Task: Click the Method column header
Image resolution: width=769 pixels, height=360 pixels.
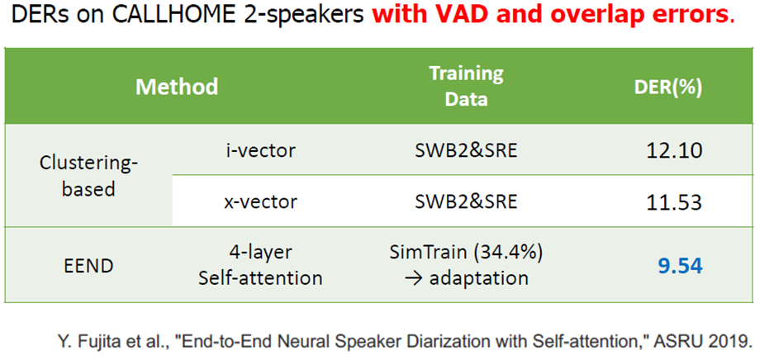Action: coord(177,87)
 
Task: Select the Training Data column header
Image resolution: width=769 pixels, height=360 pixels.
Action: coord(466,87)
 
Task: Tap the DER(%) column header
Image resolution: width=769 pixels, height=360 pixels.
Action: coord(668,88)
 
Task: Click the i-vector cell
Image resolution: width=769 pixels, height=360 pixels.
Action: coord(260,150)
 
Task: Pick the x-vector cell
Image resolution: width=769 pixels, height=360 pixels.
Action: coord(260,201)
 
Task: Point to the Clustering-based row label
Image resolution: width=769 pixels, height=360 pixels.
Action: coord(88,176)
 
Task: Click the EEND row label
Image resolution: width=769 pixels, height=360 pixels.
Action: coord(88,266)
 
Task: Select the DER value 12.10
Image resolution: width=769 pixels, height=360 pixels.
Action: coord(674,150)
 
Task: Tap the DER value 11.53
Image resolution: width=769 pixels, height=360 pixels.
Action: coord(674,201)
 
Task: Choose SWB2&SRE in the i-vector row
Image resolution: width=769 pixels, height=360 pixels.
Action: coord(466,150)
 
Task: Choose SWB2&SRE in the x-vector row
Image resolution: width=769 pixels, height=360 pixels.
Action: coord(466,201)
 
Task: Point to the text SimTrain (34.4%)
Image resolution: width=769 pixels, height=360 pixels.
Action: coord(466,253)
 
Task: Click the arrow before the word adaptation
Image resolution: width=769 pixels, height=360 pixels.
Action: coord(414,278)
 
